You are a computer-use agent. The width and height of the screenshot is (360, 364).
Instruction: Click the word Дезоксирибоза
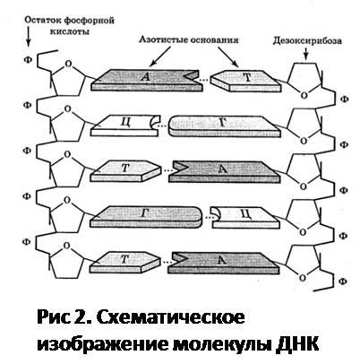click(307, 41)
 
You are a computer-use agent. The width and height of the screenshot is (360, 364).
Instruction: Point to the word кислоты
click(70, 31)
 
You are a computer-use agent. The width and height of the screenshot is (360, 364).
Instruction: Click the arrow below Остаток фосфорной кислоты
click(28, 37)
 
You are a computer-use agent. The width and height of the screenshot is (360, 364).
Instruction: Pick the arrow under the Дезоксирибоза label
click(305, 54)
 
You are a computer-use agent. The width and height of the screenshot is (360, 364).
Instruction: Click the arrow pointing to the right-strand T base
click(228, 56)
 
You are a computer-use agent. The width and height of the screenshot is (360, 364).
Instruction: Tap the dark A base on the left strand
click(147, 80)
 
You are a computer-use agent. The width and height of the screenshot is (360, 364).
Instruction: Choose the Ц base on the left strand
click(125, 126)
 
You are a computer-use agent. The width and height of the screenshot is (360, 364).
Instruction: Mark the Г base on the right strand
click(225, 126)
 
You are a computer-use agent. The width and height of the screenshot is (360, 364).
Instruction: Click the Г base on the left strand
click(146, 217)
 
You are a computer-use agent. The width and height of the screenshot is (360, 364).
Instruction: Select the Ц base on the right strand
click(245, 217)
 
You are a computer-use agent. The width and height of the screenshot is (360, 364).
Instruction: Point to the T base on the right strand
click(245, 81)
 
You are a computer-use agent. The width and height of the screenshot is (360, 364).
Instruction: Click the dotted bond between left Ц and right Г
click(162, 126)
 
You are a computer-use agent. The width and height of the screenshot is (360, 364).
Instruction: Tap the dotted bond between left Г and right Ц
click(206, 217)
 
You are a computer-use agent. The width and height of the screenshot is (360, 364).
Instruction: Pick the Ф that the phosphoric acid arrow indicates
click(28, 59)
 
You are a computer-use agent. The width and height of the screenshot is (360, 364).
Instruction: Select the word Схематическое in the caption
click(170, 317)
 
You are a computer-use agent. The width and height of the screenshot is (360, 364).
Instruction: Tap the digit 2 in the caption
click(79, 317)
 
